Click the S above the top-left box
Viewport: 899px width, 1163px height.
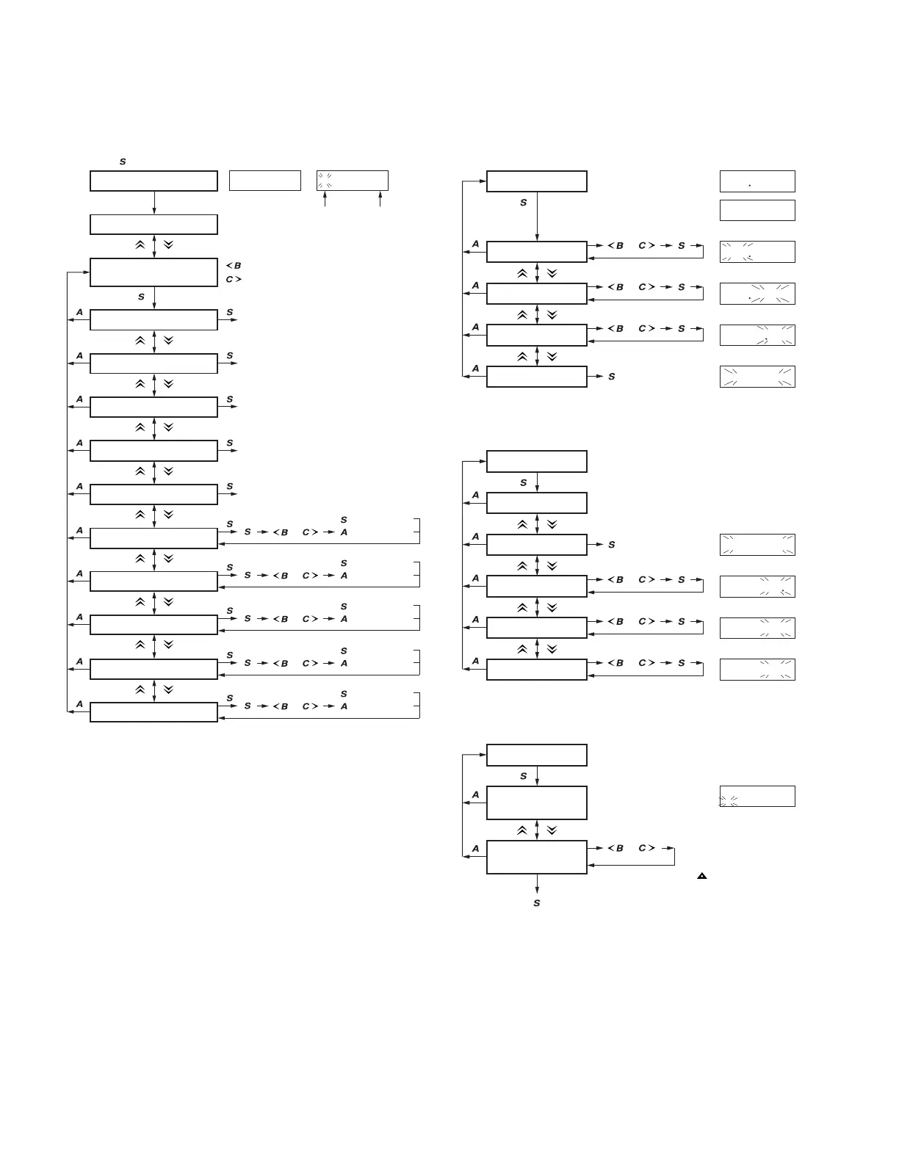pyautogui.click(x=123, y=162)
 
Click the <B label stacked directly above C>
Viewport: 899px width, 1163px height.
pyautogui.click(x=234, y=266)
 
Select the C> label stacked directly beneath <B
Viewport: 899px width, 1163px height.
pyautogui.click(x=234, y=280)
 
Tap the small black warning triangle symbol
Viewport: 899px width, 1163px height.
pyautogui.click(x=702, y=876)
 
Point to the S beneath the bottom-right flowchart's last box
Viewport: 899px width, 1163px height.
pyautogui.click(x=537, y=903)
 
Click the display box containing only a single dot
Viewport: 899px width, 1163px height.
pyautogui.click(x=757, y=181)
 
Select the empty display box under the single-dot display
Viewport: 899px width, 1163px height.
pyautogui.click(x=757, y=210)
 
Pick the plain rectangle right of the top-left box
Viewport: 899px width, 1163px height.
pyautogui.click(x=265, y=181)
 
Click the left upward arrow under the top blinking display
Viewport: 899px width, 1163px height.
pyautogui.click(x=325, y=200)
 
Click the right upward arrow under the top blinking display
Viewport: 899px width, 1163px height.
pyautogui.click(x=380, y=200)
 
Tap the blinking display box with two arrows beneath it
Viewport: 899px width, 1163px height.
pyautogui.click(x=353, y=181)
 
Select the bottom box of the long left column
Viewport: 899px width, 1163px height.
pyautogui.click(x=154, y=712)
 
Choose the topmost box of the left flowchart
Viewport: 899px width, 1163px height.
pyautogui.click(x=154, y=181)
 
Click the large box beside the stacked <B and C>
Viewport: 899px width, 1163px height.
pyautogui.click(x=154, y=272)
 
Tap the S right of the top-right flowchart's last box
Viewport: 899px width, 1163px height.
pyautogui.click(x=612, y=377)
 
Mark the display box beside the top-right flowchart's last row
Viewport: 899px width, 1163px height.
pyautogui.click(x=757, y=377)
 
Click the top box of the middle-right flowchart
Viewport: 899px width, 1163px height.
pyautogui.click(x=537, y=462)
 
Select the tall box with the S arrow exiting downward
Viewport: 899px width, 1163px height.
pyautogui.click(x=537, y=857)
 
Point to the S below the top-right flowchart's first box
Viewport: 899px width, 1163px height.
pyautogui.click(x=524, y=203)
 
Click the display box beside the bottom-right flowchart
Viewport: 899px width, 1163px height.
pyautogui.click(x=757, y=797)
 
